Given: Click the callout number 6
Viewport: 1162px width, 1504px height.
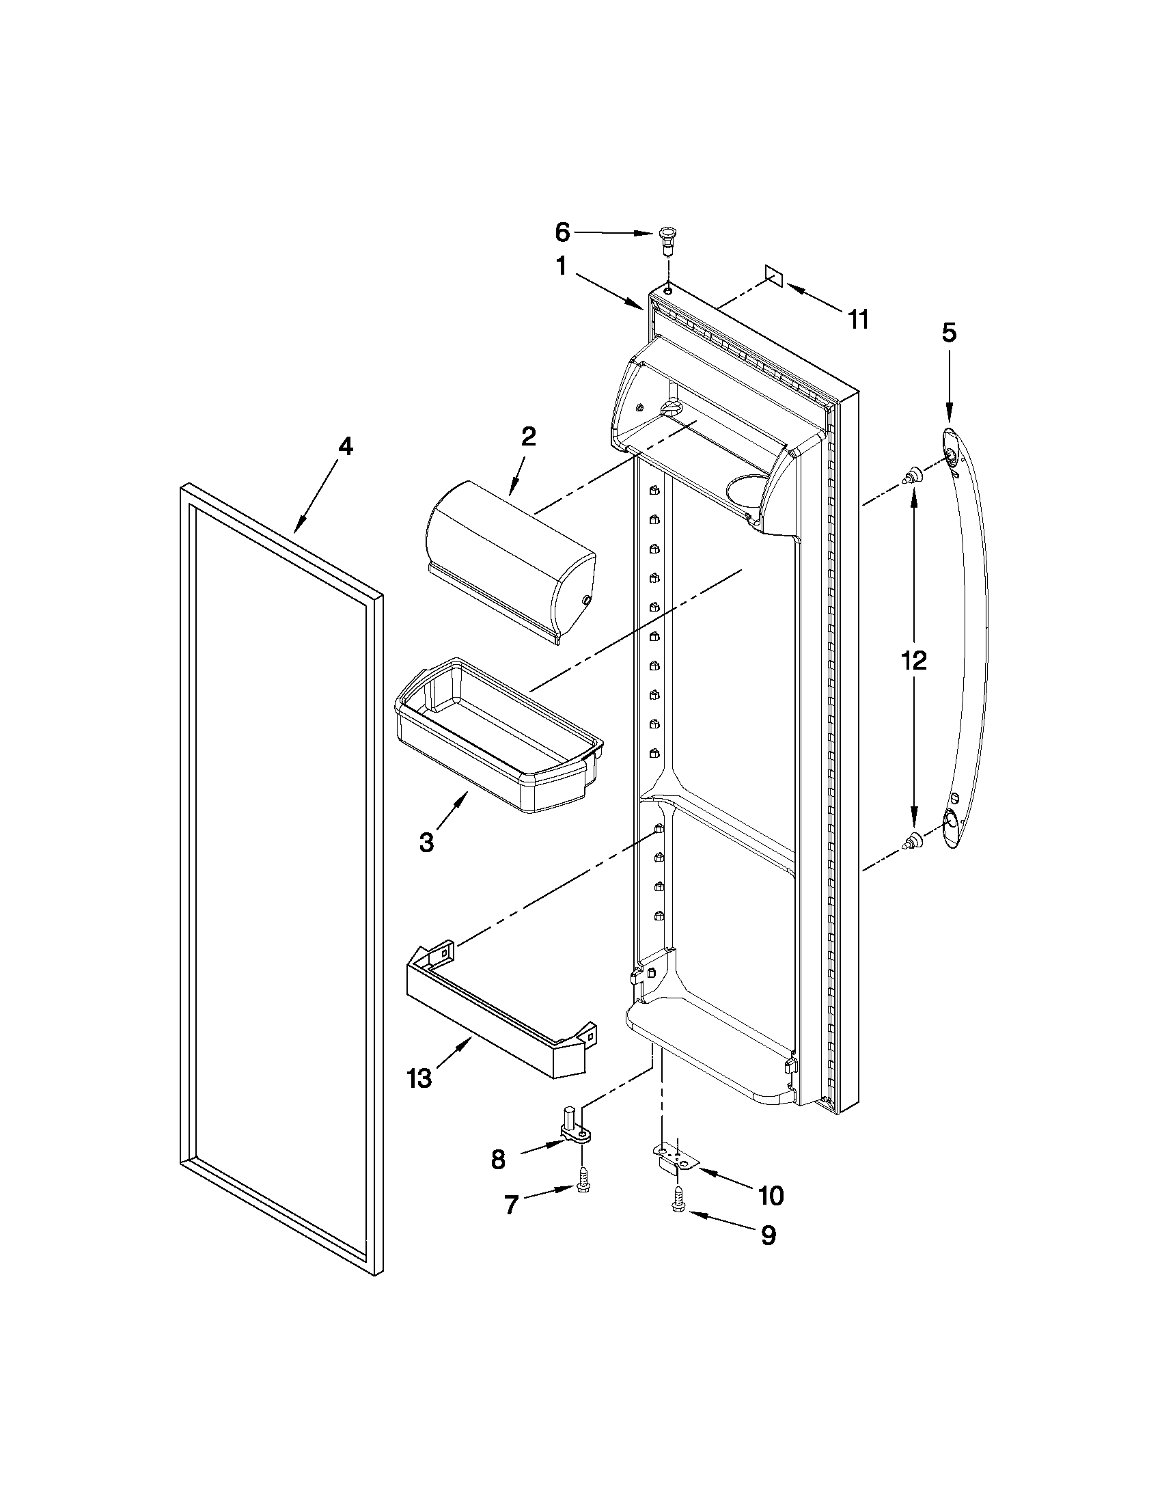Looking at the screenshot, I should click(562, 233).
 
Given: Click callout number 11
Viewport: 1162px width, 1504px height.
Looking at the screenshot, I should click(858, 320).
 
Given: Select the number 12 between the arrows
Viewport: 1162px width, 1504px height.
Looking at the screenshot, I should click(914, 659).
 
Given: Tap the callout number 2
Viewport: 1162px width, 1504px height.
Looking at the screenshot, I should click(528, 437).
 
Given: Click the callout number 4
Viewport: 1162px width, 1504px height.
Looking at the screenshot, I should click(345, 447).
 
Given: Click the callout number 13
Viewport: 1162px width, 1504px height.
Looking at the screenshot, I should click(419, 1078).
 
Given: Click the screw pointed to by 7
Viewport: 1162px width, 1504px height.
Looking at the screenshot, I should click(584, 1184).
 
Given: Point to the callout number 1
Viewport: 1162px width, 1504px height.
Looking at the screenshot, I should click(561, 266).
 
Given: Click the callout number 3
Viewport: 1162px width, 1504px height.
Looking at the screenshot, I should click(426, 842).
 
